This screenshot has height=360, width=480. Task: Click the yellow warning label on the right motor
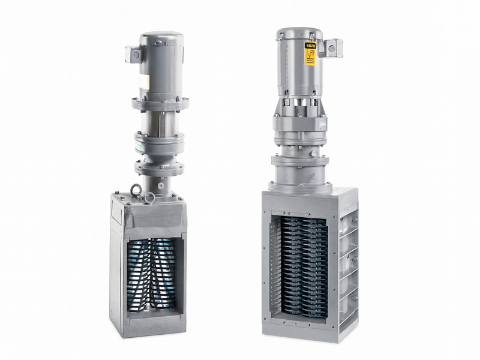310,56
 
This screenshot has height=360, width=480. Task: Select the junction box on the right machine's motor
332,48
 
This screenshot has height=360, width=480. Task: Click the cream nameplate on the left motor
145,82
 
